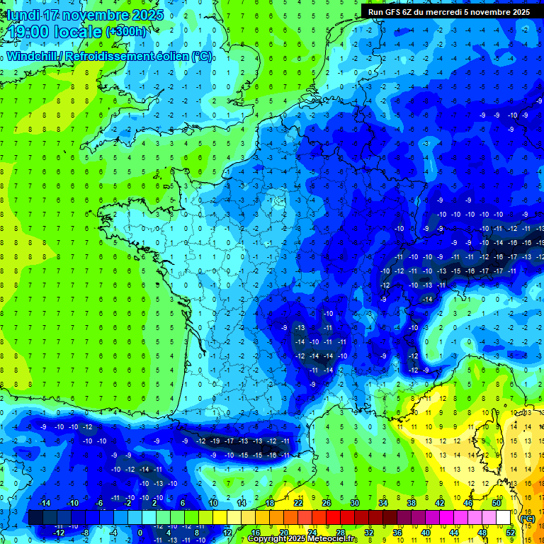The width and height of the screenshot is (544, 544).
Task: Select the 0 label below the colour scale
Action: (140, 533)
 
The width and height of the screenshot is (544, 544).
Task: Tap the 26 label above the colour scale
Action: (327, 503)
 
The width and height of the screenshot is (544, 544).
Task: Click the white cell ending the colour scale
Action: (503, 518)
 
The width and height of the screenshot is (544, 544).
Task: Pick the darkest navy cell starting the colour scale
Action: (36, 518)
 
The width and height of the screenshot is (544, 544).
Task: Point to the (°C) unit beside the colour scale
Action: (527, 518)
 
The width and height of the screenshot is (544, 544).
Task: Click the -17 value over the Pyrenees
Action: (229, 441)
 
